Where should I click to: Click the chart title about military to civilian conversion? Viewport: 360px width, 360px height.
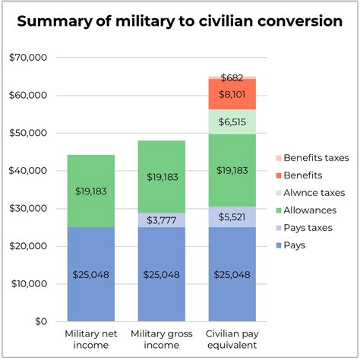tap(179, 21)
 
